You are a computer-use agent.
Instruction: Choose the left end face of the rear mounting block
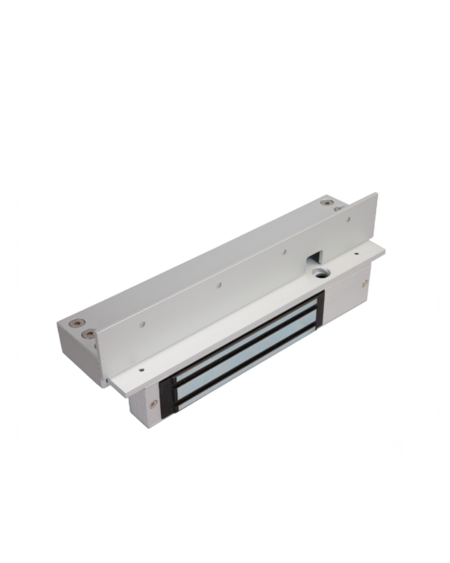70,350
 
